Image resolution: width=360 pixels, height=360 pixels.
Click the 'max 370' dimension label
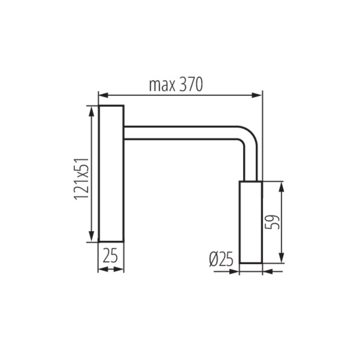tap(176, 85)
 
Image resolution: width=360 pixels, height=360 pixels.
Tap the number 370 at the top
tap(191, 85)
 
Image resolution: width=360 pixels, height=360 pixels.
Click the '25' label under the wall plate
tap(110, 256)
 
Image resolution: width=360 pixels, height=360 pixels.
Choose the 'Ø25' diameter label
tap(221, 259)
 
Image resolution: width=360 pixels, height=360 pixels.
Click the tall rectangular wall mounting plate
tap(111, 173)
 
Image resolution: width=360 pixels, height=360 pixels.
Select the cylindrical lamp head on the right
tap(251, 221)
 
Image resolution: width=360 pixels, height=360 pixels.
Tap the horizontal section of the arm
tap(180, 133)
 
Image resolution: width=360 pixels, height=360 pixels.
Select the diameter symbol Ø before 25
tap(214, 259)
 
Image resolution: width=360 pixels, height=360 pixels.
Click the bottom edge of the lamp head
tap(251, 262)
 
